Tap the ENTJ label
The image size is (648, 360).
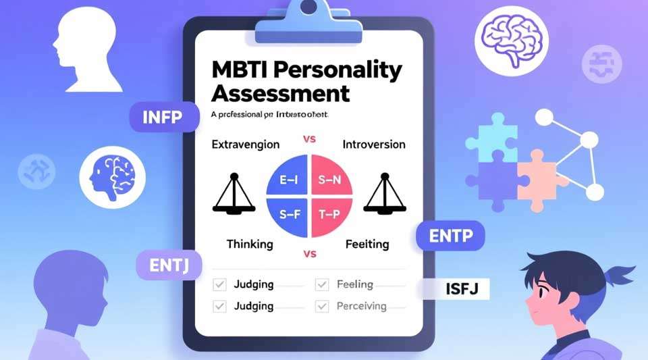[x=169, y=264]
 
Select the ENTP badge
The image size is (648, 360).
[x=450, y=236]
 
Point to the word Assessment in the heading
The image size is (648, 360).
[x=280, y=93]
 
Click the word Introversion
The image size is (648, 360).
[x=374, y=145]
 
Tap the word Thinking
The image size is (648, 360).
[x=250, y=244]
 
